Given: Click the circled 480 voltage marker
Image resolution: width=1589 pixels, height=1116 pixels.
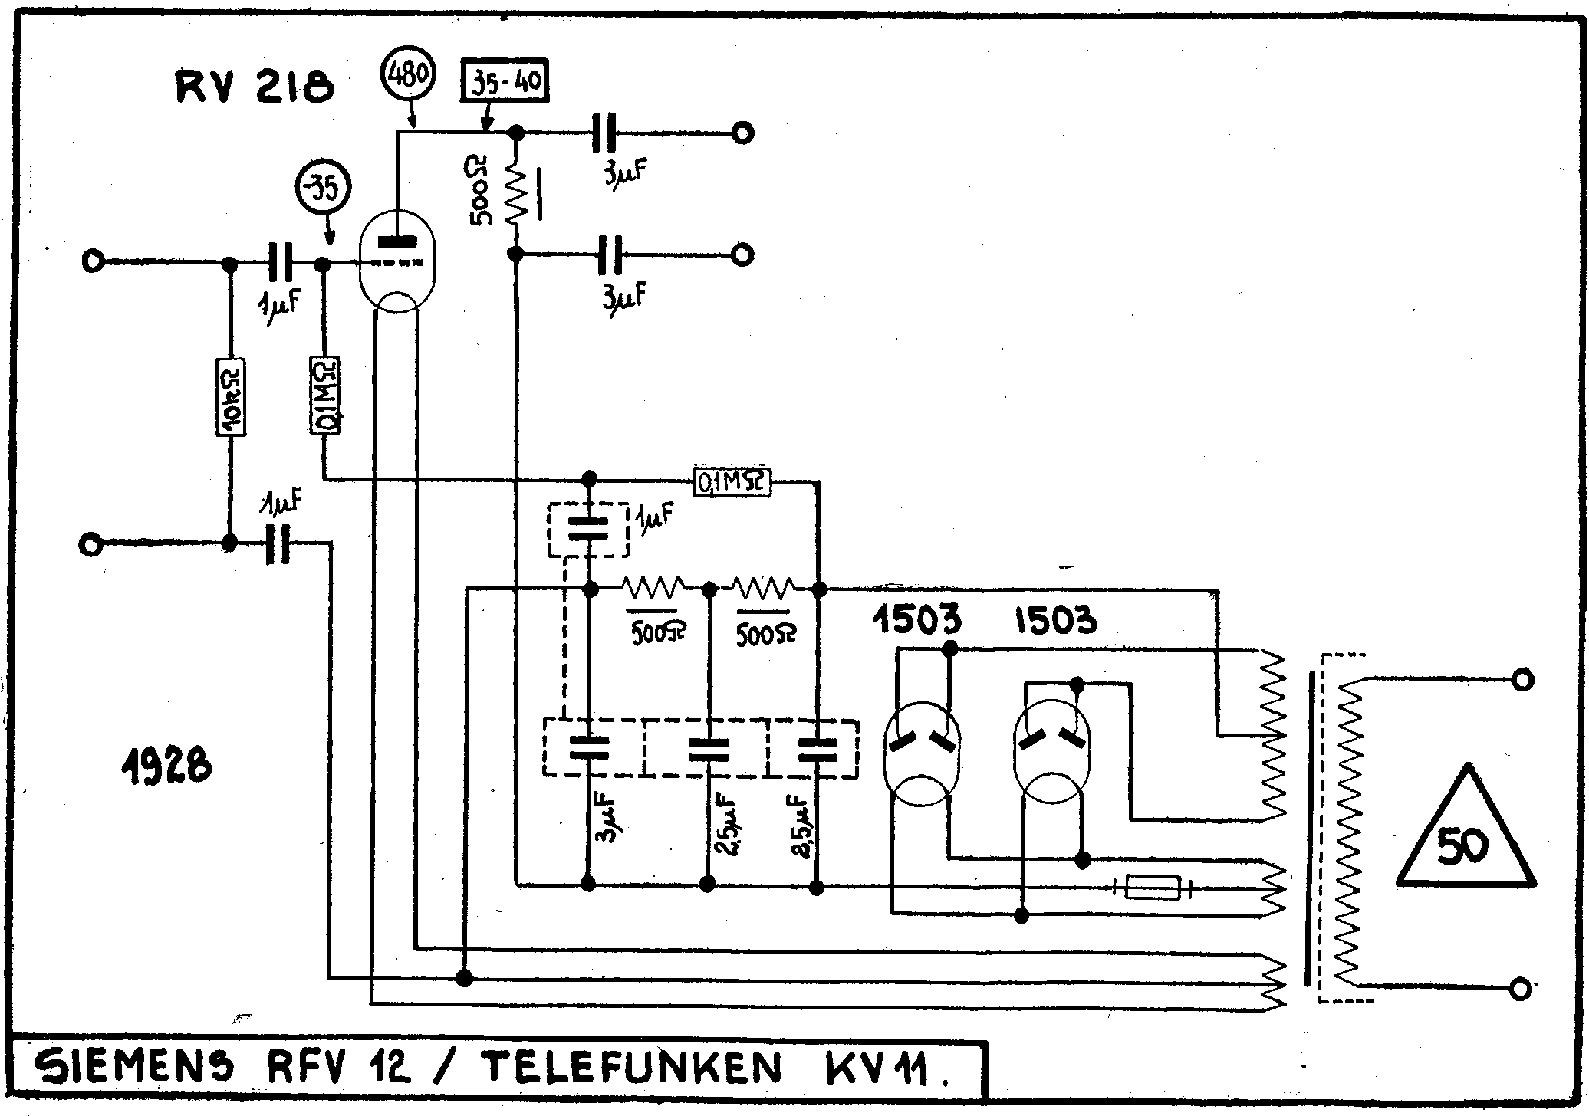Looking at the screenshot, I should pos(408,75).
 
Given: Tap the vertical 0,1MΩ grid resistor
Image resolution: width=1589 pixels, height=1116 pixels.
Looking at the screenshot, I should pos(324,396).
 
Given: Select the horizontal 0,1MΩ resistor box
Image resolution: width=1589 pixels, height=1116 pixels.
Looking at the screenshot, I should pos(731,482).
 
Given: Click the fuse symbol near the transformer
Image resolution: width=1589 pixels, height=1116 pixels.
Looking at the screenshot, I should pos(1153,888).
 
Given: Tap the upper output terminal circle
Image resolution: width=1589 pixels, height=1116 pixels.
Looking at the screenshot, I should pos(742,133).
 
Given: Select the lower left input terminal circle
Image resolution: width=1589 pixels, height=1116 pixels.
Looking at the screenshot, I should pos(90,545).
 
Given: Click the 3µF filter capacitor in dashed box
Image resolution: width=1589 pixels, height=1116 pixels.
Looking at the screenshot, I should pos(588,748).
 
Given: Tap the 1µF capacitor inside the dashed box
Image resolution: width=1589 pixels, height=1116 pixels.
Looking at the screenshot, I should pos(588,530).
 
